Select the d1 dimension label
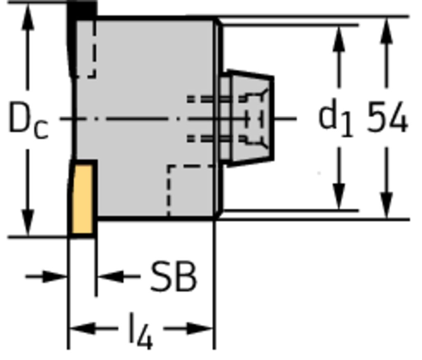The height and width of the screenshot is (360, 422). pos(335,117)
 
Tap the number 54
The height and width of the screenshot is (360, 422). pos(387,117)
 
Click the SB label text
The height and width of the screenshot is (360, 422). pos(173,276)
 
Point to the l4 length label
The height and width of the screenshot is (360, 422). pos(141,331)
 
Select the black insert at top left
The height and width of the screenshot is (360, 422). pos(80,37)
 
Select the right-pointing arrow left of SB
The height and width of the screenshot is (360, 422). pos(46,276)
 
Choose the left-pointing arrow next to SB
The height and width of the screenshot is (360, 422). pos(118,276)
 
